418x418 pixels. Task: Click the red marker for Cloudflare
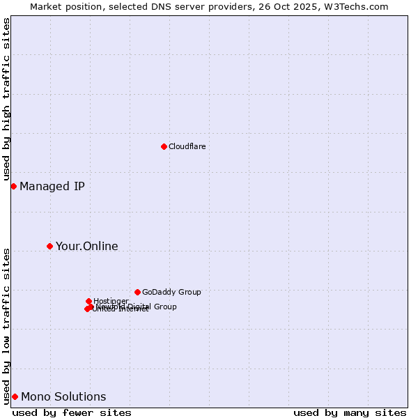164,146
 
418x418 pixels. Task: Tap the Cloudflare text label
187,146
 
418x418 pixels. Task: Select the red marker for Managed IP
13,186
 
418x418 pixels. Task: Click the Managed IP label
52,186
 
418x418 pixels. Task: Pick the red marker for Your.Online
49,246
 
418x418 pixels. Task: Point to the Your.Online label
86,246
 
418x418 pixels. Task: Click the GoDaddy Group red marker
137,292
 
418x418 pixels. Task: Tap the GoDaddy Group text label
171,292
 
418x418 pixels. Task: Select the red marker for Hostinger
88,301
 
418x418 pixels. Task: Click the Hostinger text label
111,301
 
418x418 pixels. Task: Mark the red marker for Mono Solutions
15,396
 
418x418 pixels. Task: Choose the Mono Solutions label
63,397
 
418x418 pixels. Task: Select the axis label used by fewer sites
72,412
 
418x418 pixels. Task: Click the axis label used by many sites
350,412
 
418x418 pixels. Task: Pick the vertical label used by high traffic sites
6,100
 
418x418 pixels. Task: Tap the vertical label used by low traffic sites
6,325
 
